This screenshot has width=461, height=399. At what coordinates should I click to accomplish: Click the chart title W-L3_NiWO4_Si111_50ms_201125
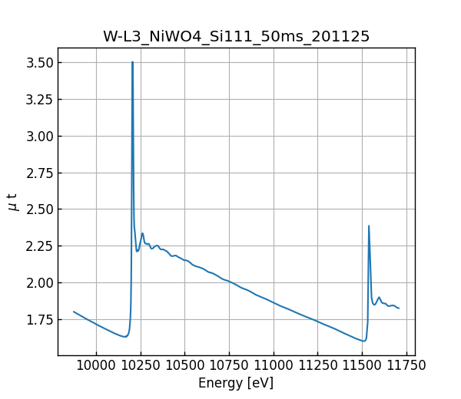[236, 36]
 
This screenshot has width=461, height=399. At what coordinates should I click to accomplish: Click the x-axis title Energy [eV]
[236, 383]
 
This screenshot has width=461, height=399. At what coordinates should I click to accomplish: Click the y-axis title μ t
[12, 202]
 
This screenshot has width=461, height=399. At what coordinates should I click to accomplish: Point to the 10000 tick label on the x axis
[96, 368]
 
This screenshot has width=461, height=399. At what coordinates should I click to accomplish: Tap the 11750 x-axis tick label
[406, 368]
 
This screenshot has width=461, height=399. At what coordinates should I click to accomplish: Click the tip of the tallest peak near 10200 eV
[132, 62]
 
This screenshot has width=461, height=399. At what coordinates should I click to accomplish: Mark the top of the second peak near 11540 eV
[369, 226]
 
